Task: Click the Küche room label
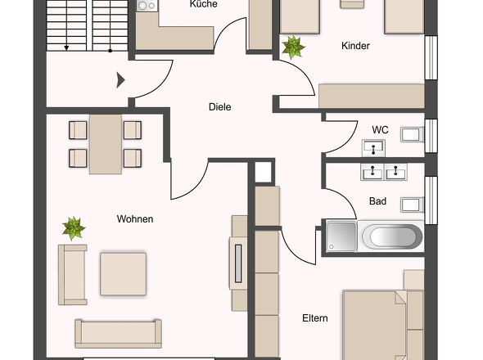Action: pos(203,4)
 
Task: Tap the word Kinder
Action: pos(355,46)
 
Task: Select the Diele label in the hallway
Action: pos(219,106)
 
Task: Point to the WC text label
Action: pos(380,129)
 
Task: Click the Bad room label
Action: pos(377,200)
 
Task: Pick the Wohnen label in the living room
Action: pos(135,219)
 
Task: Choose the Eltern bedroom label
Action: pos(314,318)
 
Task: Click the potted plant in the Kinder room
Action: pos(292,47)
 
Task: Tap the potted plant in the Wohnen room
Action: pos(74,228)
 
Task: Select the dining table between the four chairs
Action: pos(105,144)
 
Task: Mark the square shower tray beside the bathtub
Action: pos(341,237)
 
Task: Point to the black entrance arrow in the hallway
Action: pos(120,79)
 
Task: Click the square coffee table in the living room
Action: pos(123,274)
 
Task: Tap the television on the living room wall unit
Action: pos(239,263)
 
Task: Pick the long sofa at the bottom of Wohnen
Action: pos(118,332)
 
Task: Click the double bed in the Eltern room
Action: pos(373,324)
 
